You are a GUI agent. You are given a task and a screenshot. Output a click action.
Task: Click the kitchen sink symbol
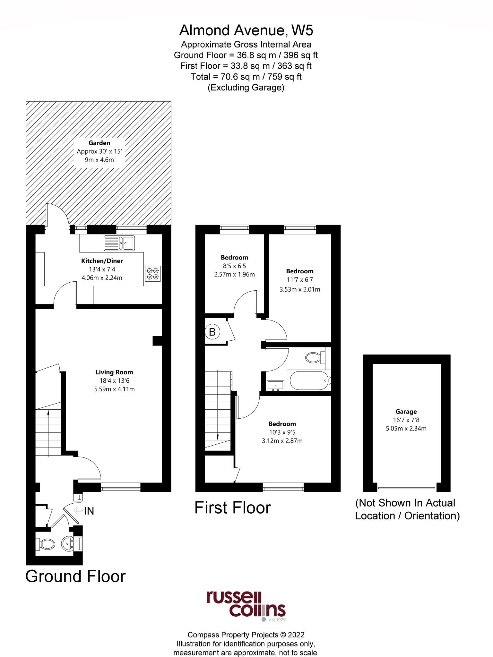pos(119,243)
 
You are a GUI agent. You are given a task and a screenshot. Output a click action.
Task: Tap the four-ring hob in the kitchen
pos(153,273)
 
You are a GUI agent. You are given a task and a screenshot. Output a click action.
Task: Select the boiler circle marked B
pos(212,332)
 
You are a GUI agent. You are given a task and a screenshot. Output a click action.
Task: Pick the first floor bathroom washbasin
pos(275,385)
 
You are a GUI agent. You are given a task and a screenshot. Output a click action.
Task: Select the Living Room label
pos(114,372)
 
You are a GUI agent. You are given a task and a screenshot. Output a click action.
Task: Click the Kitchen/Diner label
pos(102,261)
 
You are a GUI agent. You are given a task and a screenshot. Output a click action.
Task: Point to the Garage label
pos(406,411)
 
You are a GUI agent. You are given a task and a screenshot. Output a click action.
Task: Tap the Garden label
pos(99,143)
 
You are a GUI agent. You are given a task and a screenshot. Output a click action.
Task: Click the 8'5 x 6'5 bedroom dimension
pos(234,266)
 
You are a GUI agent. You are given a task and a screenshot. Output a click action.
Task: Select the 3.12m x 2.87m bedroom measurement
pos(282,440)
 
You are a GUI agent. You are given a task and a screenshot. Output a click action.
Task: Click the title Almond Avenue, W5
pos(246,30)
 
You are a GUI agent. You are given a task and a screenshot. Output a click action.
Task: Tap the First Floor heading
pos(233,508)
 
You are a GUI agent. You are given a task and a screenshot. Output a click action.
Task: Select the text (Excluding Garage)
pos(246,87)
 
